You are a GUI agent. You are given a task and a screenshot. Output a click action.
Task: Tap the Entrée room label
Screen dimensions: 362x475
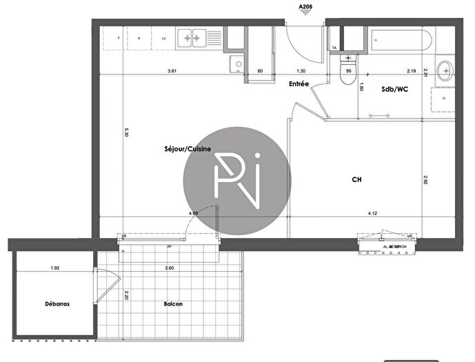pos(299,84)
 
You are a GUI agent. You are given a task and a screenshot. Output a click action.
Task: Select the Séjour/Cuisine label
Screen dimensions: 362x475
pos(183,149)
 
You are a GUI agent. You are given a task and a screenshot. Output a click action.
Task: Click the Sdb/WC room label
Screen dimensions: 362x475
pos(396,89)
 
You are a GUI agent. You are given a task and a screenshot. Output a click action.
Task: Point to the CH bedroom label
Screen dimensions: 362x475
pos(357,179)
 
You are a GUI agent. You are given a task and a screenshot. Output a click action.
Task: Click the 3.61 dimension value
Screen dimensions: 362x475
pos(173,71)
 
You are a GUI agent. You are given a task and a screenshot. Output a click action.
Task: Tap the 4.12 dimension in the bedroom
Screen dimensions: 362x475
pos(372,214)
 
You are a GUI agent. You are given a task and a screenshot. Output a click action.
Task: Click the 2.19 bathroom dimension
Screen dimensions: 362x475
pos(411,71)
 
